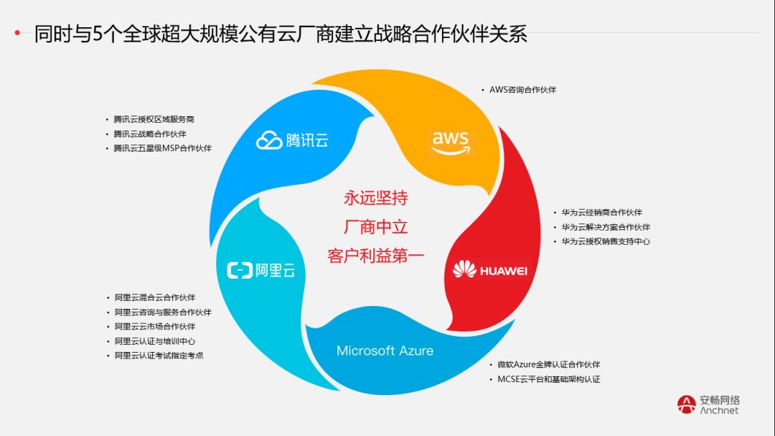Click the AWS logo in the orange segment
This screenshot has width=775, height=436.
(x=450, y=142)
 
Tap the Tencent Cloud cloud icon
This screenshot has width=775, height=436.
(x=269, y=140)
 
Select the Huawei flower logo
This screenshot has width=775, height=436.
(x=464, y=270)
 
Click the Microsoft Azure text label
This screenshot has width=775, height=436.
(x=385, y=351)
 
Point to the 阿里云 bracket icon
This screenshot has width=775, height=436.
(x=239, y=271)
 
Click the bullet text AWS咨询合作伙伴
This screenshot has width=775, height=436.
(x=522, y=90)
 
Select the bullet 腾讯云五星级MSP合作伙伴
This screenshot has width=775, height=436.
(x=162, y=148)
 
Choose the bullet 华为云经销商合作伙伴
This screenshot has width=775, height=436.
(x=601, y=213)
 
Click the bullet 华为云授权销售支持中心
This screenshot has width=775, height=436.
(x=606, y=241)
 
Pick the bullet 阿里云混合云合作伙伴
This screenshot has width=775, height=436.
(x=154, y=297)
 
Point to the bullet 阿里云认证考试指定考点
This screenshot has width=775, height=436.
(x=159, y=356)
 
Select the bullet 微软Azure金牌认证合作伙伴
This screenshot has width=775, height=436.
(x=548, y=365)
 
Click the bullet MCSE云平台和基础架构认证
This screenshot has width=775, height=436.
(x=548, y=379)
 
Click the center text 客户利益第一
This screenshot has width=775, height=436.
(x=376, y=256)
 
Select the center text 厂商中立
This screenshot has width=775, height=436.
(x=376, y=227)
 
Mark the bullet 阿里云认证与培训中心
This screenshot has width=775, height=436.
(x=154, y=341)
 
